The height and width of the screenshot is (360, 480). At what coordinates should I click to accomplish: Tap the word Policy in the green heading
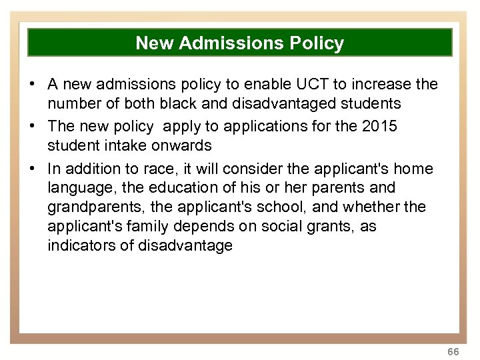coord(317,43)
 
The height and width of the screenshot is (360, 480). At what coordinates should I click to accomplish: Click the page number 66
coord(453,351)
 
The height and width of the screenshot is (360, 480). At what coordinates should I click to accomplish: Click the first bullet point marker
coord(32,85)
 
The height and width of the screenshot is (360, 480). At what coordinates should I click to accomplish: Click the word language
coord(79,189)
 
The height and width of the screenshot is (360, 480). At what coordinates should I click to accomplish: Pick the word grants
coord(329,227)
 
